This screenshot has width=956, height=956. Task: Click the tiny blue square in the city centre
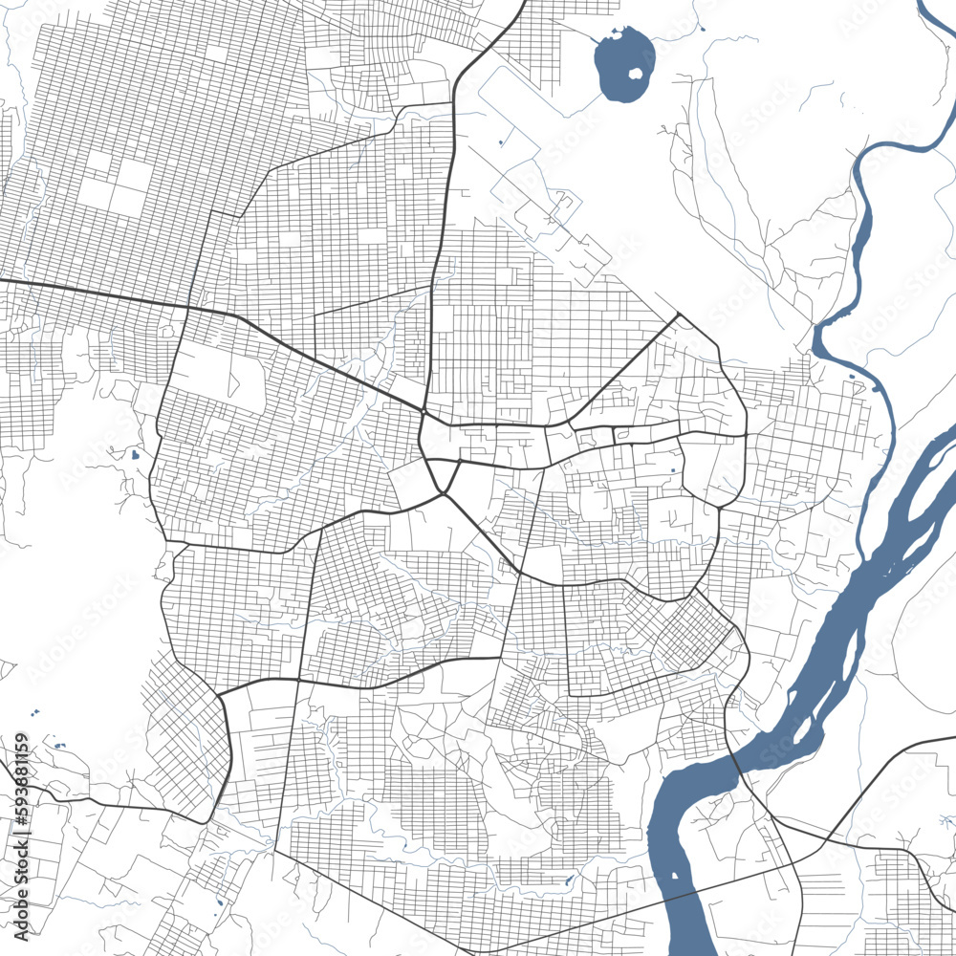pyautogui.click(x=674, y=469)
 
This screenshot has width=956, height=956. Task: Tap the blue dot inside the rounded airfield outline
pyautogui.click(x=500, y=143)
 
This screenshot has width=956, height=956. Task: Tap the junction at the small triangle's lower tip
pyautogui.click(x=443, y=493)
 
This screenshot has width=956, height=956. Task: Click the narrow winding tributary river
pyautogui.click(x=860, y=239)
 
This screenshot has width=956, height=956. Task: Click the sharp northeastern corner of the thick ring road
pyautogui.click(x=678, y=314)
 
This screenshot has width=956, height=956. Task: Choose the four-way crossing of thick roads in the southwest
pyautogui.click(x=298, y=680)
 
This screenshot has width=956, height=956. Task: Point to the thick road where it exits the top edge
pyautogui.click(x=522, y=4)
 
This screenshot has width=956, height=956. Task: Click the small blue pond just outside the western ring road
pyautogui.click(x=135, y=454)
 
